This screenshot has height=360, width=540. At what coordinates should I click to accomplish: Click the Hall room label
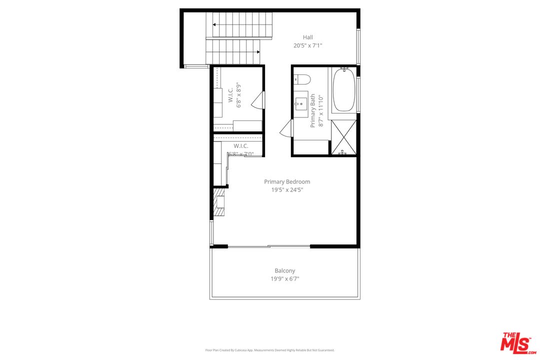[307, 37]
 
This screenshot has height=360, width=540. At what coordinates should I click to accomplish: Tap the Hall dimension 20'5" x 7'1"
[307, 45]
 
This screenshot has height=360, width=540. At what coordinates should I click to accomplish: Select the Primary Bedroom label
[287, 181]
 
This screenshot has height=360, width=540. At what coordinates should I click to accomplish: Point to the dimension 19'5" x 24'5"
[287, 190]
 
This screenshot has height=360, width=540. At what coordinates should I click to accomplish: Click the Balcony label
[284, 270]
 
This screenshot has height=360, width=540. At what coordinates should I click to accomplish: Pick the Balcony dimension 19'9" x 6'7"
[284, 279]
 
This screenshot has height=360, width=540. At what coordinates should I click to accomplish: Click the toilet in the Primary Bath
[302, 79]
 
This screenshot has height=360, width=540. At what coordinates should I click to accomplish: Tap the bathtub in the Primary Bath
[343, 90]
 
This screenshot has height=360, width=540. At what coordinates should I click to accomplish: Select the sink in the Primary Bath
[300, 104]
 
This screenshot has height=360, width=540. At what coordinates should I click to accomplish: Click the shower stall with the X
[343, 136]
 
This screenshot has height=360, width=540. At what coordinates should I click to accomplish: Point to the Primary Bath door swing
[286, 128]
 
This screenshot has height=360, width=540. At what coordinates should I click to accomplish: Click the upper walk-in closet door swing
[258, 100]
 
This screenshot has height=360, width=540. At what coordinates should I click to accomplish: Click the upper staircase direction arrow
[215, 24]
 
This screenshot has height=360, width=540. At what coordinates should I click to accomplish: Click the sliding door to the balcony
[269, 246]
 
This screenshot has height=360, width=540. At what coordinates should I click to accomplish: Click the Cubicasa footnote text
[270, 350]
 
